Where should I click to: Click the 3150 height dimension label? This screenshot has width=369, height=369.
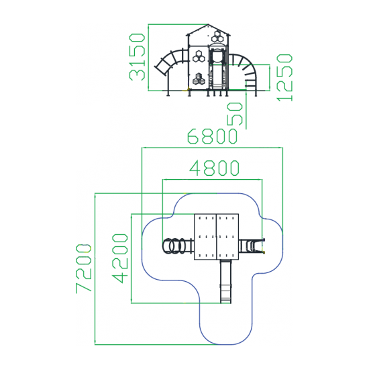click(x=137, y=57)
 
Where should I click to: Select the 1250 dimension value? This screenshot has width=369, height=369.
click(x=284, y=78)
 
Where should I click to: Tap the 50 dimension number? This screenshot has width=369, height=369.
click(x=235, y=114)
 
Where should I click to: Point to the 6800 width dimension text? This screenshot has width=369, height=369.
click(x=212, y=136)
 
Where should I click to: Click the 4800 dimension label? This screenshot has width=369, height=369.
click(x=215, y=168)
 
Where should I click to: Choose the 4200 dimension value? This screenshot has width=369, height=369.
click(x=120, y=258)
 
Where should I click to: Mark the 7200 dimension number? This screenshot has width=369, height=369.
click(x=84, y=268)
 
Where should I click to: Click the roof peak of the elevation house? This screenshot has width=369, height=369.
click(x=208, y=24)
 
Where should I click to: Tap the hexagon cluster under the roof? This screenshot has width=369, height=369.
click(x=217, y=36)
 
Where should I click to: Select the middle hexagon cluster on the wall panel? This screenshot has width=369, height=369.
click(x=199, y=56)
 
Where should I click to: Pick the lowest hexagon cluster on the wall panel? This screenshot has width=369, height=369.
click(x=199, y=79)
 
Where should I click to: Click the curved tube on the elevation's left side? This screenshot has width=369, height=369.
click(x=170, y=62)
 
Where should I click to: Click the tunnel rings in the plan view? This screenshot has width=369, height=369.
click(x=174, y=246)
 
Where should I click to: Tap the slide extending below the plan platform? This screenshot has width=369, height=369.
click(x=225, y=282)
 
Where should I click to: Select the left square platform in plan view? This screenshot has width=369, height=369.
click(x=205, y=237)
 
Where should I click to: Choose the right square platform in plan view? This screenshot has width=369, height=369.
click(x=227, y=237)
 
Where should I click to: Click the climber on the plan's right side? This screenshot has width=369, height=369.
click(x=252, y=246)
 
